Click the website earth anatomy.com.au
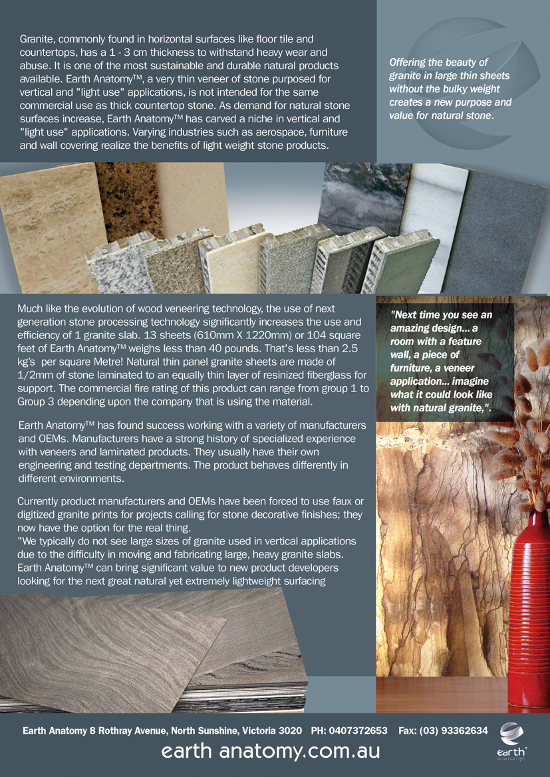click(x=271, y=752)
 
